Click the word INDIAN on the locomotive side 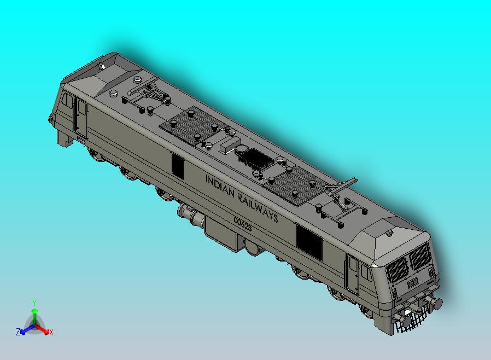tap(219, 185)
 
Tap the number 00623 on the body tap(242, 223)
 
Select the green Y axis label tap(34, 303)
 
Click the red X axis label tap(51, 332)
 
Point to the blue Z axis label tap(18, 332)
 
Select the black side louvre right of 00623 tap(309, 241)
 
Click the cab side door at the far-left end tap(81, 117)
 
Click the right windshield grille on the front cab tap(420, 256)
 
